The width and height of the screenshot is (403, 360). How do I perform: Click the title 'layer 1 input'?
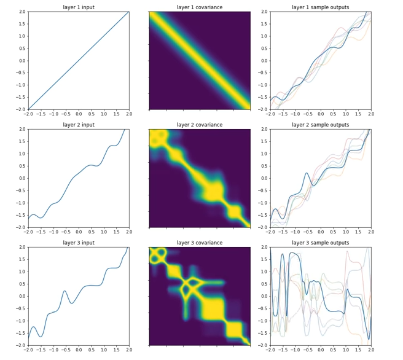[x=78, y=7]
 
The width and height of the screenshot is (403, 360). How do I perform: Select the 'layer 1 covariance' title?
[x=199, y=7]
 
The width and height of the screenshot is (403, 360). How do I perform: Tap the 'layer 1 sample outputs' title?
[x=320, y=7]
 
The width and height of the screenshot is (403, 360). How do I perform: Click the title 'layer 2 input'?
[x=78, y=125]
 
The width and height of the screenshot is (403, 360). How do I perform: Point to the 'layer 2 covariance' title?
[x=199, y=125]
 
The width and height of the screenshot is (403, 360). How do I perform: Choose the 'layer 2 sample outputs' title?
[x=320, y=125]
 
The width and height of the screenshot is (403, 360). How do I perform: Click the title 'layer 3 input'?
[x=78, y=243]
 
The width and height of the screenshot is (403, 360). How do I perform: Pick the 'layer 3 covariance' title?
[x=199, y=243]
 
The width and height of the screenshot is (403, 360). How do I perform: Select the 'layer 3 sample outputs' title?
[x=320, y=243]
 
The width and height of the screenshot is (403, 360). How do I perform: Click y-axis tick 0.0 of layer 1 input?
[x=20, y=61]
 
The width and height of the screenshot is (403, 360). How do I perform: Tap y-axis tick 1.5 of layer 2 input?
[x=20, y=142]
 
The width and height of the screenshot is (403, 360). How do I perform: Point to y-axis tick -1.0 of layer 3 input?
[x=19, y=321]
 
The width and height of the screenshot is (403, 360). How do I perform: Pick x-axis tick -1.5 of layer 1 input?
[x=41, y=114]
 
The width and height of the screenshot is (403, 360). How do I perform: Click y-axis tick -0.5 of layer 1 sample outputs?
[x=261, y=73]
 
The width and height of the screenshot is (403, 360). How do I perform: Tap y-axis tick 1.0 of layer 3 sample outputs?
[x=262, y=272]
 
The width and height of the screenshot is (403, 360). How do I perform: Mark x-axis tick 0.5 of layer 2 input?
[x=91, y=232]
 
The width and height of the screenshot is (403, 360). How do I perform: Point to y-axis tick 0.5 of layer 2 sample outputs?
[x=262, y=166]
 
